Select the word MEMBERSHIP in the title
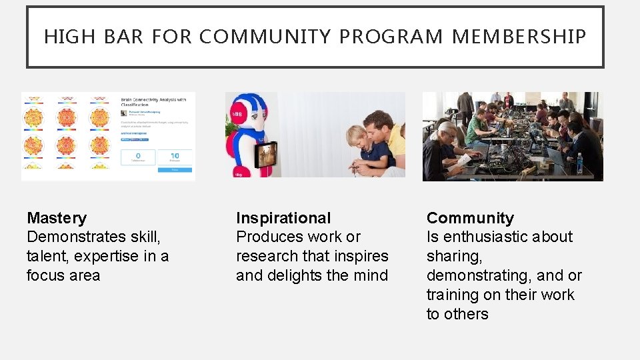(x=519, y=37)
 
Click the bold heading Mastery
(x=57, y=218)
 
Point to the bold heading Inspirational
(x=283, y=218)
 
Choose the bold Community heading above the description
(x=470, y=218)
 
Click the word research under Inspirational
(x=267, y=256)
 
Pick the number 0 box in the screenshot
(x=138, y=157)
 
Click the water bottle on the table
(x=579, y=163)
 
